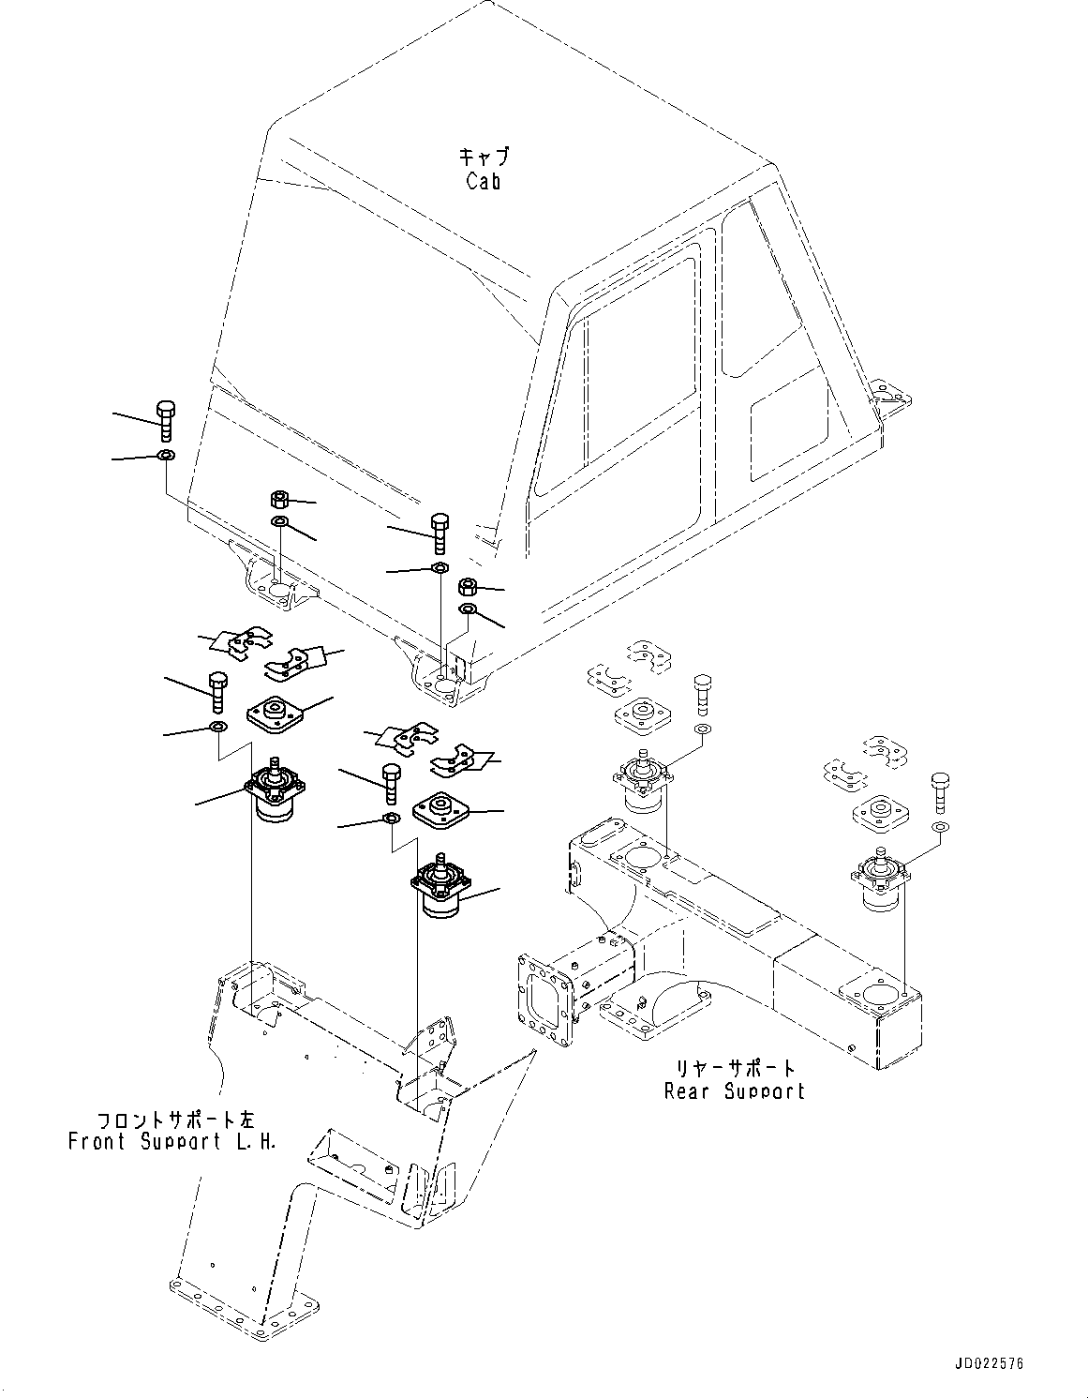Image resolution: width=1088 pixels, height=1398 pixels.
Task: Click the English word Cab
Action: coord(483,181)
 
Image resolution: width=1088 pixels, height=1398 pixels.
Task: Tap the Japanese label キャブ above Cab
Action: coord(484,156)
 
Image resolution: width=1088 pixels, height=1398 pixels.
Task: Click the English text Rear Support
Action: coord(734,1090)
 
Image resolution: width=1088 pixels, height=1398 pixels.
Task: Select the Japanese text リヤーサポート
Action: coord(736,1068)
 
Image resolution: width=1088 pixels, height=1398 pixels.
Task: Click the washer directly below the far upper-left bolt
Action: coord(165,456)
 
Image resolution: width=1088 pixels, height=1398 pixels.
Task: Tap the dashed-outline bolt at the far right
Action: coord(941,791)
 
